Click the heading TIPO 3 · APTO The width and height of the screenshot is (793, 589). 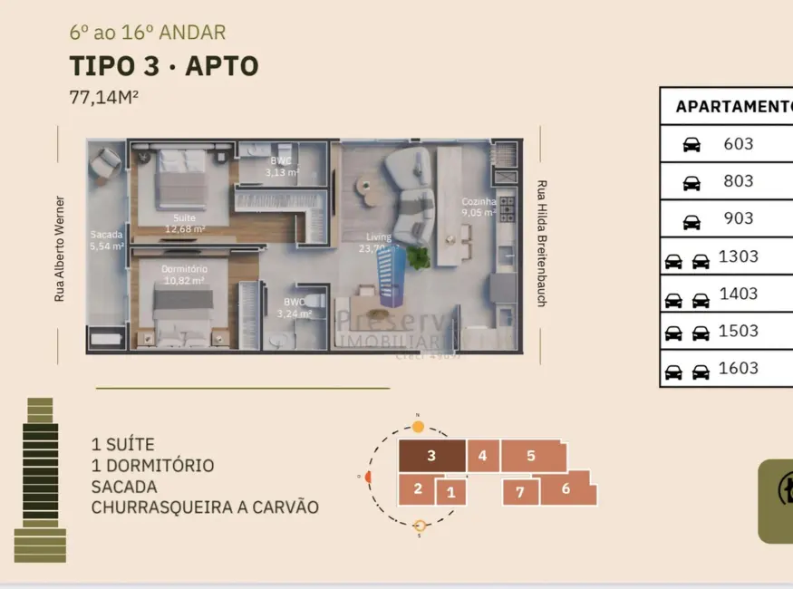(x=164, y=66)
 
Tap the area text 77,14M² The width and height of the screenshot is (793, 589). (x=103, y=98)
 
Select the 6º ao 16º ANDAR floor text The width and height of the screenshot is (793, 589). (x=148, y=34)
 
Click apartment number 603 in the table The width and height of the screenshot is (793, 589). (x=739, y=143)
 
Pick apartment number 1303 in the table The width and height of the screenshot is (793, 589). (x=739, y=256)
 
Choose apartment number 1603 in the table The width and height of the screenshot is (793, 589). (x=739, y=368)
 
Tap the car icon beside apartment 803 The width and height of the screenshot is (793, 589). (x=691, y=182)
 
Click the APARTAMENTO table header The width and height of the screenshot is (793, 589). (x=732, y=106)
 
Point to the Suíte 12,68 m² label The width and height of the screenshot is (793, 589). (x=184, y=223)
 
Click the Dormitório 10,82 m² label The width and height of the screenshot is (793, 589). (x=184, y=275)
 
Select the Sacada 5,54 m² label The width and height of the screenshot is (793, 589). (x=107, y=240)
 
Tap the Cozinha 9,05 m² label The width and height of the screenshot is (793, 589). (x=479, y=208)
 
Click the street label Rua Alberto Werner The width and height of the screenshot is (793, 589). (x=60, y=248)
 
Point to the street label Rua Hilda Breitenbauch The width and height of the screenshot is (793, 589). (x=541, y=242)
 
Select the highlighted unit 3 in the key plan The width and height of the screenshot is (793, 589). (x=432, y=456)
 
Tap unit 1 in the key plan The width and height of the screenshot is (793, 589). (x=450, y=493)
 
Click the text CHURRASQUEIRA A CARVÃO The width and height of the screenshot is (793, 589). (x=205, y=507)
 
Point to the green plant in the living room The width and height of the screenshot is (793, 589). (x=418, y=257)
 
